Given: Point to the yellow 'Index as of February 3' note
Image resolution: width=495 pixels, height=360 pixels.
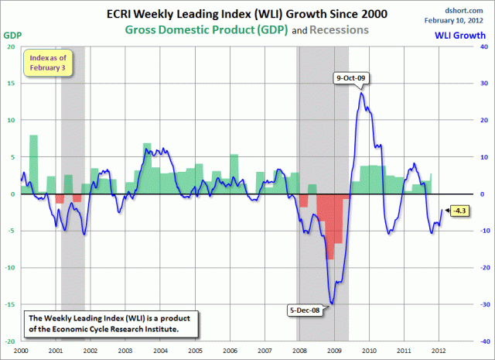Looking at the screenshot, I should (49, 63).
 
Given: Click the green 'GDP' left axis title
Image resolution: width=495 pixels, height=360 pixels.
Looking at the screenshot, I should (13, 35).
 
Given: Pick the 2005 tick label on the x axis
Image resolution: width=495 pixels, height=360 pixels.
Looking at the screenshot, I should (196, 350).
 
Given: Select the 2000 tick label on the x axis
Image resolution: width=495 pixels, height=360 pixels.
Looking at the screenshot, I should (21, 350).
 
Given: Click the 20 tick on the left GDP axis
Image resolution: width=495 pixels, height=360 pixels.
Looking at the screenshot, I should (12, 46).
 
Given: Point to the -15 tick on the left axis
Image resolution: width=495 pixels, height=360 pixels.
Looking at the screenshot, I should (10, 304).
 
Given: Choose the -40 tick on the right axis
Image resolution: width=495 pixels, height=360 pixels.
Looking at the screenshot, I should (482, 341).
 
